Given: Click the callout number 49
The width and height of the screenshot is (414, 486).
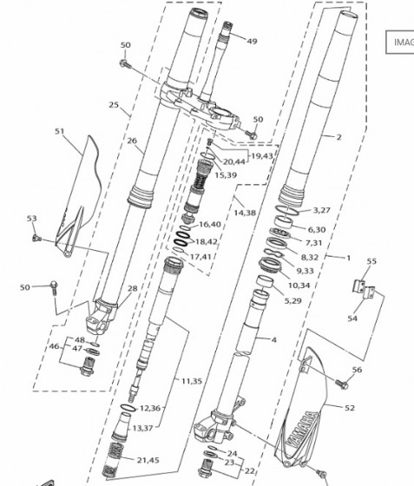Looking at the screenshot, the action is coord(252,42).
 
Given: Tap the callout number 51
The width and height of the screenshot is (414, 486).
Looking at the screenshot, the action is coord(60,131).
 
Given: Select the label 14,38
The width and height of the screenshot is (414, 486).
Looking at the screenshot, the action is coord(245,213).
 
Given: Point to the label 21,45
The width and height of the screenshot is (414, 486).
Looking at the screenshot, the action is coord(148,460).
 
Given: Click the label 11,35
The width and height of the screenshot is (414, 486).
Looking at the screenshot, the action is coord(192,381).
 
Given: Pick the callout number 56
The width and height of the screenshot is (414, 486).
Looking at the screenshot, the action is coord(357,370).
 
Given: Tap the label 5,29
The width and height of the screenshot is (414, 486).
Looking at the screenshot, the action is coord(292,300).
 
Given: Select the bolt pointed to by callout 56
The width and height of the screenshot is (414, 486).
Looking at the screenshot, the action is coord(342,384).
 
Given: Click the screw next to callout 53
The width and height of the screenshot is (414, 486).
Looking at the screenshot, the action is coord(36,238).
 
